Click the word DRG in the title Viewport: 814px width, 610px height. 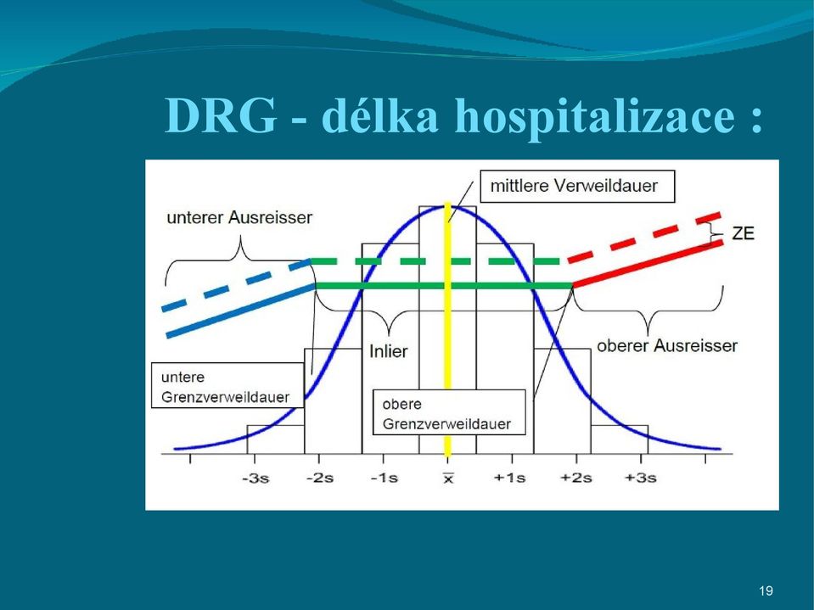(x=221, y=115)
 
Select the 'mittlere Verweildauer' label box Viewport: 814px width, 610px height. (x=577, y=186)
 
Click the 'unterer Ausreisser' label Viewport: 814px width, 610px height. (x=239, y=217)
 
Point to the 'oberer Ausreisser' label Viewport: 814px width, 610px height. (x=667, y=345)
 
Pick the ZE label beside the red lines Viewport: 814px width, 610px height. (x=743, y=233)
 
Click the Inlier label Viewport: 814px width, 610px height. (x=388, y=351)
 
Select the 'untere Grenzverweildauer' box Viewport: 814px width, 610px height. (x=227, y=385)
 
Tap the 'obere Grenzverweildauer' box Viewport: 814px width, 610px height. (x=449, y=412)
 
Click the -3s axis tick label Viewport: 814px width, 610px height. (x=255, y=478)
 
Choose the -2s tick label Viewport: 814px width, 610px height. (x=320, y=478)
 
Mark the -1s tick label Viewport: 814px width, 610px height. (x=385, y=478)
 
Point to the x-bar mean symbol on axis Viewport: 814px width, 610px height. (x=448, y=478)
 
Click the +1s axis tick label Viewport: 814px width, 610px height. (x=510, y=478)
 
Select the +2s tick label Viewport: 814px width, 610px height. (x=575, y=478)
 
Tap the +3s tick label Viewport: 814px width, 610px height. (x=640, y=478)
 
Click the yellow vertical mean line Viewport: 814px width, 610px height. (x=447, y=330)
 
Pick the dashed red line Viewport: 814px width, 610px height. (x=643, y=237)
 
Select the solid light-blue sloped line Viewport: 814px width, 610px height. (x=240, y=311)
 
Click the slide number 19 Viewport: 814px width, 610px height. (x=766, y=590)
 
